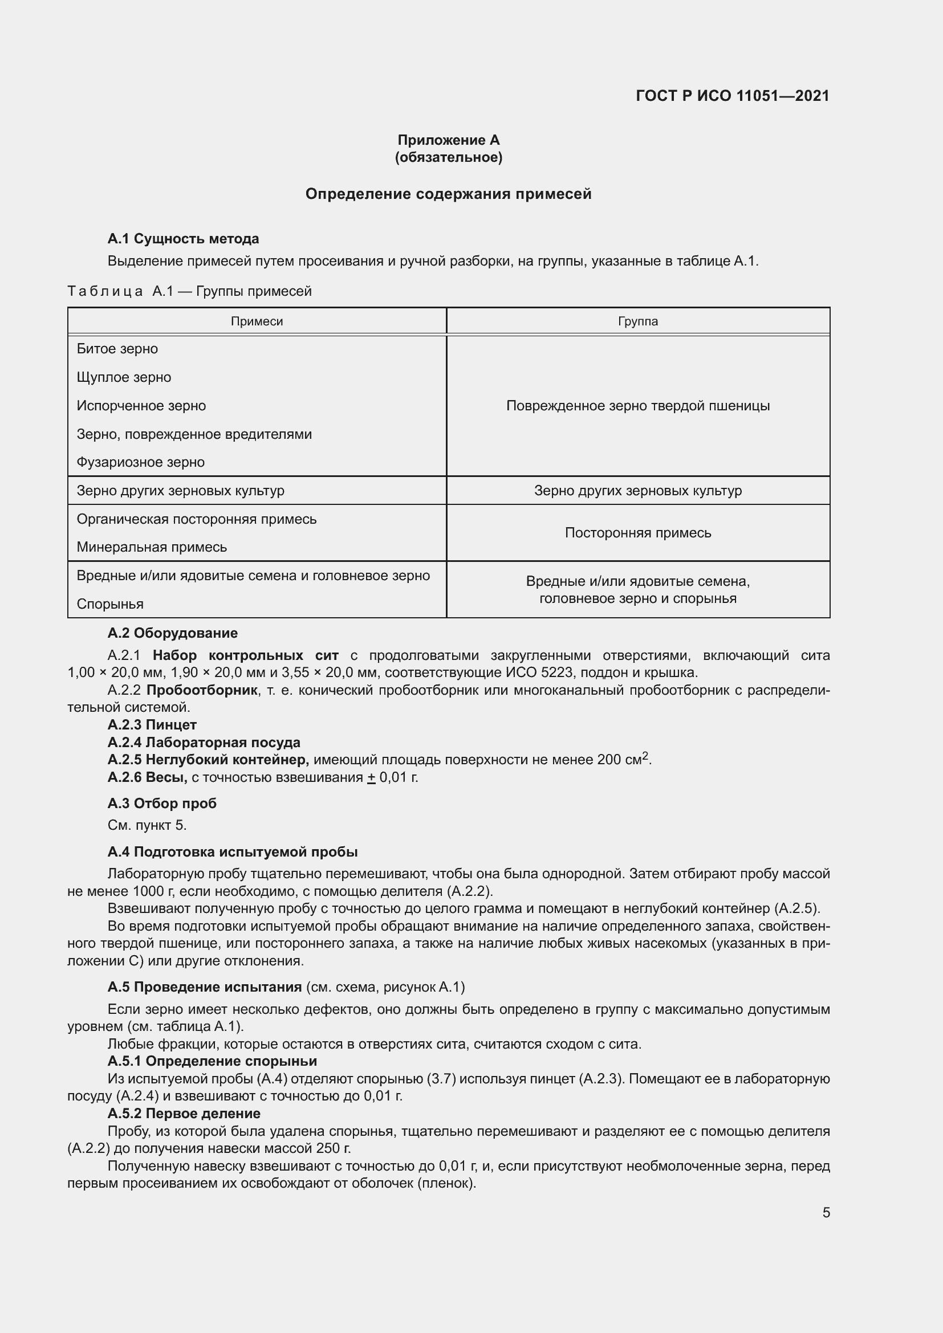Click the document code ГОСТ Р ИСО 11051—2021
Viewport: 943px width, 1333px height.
click(732, 96)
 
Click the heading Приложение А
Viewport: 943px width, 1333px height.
click(448, 140)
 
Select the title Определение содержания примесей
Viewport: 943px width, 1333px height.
click(448, 194)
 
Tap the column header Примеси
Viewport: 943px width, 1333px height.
click(257, 321)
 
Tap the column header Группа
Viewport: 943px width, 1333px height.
click(637, 321)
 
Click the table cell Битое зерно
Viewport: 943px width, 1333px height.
click(117, 349)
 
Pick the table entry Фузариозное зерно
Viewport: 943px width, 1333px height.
click(140, 462)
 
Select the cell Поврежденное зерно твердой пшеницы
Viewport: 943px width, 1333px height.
click(637, 406)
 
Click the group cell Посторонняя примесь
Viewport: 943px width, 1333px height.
click(637, 533)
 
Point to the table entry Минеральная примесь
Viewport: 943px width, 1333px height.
click(152, 547)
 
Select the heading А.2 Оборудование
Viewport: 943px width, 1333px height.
click(172, 633)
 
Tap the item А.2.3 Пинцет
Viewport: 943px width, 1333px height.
click(152, 724)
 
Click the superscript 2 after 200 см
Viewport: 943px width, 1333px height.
click(645, 756)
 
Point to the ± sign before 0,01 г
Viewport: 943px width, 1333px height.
click(371, 777)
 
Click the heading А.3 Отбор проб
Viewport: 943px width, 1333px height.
click(162, 804)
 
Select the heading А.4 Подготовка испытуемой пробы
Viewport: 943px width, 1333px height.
click(232, 851)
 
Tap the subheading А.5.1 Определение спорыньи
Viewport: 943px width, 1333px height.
click(212, 1061)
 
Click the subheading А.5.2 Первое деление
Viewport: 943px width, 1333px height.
click(184, 1114)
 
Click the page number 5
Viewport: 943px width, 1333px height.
click(826, 1213)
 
